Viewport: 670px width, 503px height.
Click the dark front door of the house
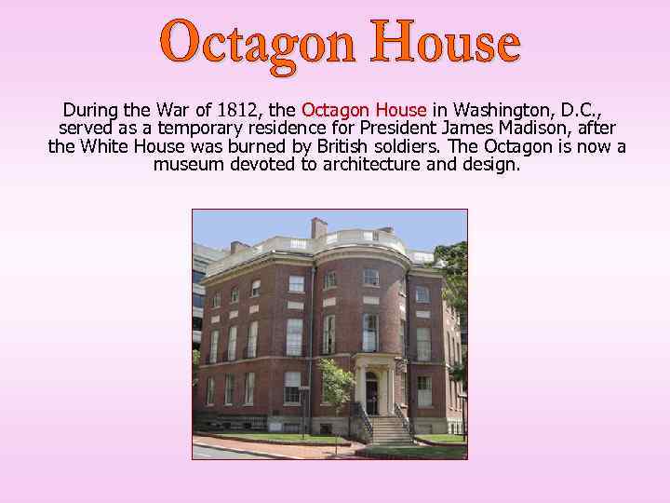coord(372,392)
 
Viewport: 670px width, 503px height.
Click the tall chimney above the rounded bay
coord(319,226)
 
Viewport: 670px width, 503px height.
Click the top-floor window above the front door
coord(370,277)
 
